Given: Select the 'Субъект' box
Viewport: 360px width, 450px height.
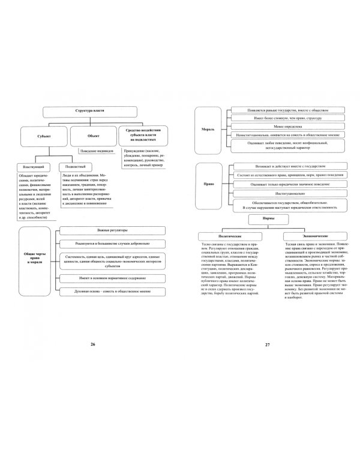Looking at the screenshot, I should coord(43,136).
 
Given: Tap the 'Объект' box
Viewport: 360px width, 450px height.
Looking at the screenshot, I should coord(94,136).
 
